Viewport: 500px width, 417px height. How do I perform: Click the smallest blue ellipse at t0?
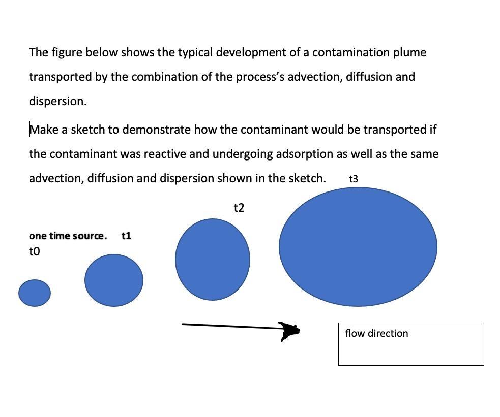(x=35, y=293)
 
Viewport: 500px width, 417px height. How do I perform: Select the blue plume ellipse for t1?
(x=114, y=280)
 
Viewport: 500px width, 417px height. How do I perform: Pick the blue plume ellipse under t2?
(x=213, y=260)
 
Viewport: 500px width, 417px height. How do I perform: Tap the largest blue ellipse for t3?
(x=358, y=247)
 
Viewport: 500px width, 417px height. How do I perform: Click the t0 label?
(x=35, y=251)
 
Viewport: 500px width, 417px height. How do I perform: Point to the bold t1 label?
(x=126, y=236)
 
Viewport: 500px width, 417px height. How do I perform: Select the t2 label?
(x=239, y=208)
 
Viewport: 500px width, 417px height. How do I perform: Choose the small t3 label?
(x=354, y=179)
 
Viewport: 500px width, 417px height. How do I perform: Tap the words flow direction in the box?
(x=376, y=333)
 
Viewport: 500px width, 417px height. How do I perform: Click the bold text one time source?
(x=68, y=236)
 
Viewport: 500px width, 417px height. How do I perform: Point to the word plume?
(x=410, y=52)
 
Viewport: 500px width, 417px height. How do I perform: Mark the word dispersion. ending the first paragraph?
(x=57, y=101)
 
